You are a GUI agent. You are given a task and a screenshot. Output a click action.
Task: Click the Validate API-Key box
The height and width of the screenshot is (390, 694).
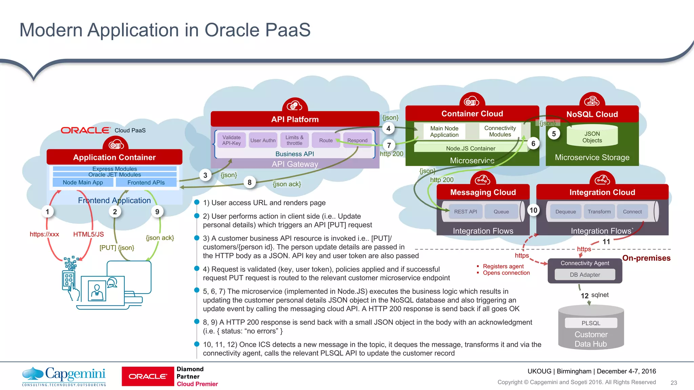(x=231, y=140)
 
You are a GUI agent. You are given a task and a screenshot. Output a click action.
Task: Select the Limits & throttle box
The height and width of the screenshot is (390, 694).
(x=294, y=140)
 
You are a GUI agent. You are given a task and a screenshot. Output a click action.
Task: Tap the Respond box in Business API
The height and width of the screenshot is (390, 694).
(x=357, y=140)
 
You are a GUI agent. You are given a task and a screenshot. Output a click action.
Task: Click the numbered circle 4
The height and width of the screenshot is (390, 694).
(x=388, y=129)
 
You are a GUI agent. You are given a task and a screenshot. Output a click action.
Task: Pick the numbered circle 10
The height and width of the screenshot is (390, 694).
(x=533, y=210)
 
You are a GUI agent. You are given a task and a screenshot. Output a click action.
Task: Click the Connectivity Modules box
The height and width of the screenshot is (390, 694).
(x=500, y=131)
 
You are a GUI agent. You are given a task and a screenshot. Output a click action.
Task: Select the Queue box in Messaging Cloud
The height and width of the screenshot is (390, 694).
(x=501, y=212)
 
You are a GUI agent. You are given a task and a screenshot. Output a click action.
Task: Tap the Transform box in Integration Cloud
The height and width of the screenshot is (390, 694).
(x=599, y=212)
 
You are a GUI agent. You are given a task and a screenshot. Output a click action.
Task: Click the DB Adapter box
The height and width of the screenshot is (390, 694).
(x=585, y=275)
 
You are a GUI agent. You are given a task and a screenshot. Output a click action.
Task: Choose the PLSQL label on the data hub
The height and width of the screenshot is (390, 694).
(x=591, y=323)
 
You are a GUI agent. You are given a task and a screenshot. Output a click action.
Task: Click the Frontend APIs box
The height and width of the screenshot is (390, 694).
(x=146, y=182)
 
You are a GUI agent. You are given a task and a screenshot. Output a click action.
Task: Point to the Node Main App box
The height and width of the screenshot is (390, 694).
(x=83, y=182)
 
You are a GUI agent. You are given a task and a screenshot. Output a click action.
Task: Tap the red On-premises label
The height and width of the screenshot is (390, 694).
(x=646, y=258)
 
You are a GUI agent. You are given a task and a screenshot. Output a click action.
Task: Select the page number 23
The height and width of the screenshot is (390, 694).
(x=674, y=383)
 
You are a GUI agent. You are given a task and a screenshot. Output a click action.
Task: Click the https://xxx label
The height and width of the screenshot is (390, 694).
(x=44, y=234)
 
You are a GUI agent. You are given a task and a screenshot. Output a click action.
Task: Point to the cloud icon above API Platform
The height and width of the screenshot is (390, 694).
(x=295, y=106)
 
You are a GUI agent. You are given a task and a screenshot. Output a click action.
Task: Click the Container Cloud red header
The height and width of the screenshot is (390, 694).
(x=472, y=114)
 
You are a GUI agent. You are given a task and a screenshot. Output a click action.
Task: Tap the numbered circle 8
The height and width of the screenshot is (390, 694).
(x=249, y=182)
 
